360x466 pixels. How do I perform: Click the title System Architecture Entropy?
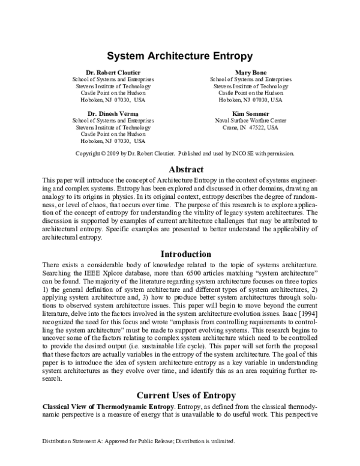click(179, 57)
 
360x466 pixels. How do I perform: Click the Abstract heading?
click(187, 169)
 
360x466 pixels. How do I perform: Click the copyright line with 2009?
click(184, 154)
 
